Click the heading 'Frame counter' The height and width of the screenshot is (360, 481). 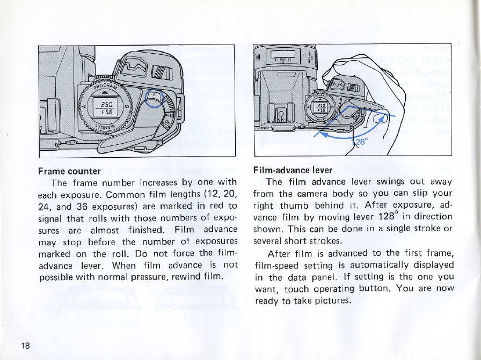pos(70,172)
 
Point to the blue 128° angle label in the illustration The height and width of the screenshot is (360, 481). pos(358,143)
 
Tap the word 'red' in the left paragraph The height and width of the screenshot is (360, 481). pos(215,205)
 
